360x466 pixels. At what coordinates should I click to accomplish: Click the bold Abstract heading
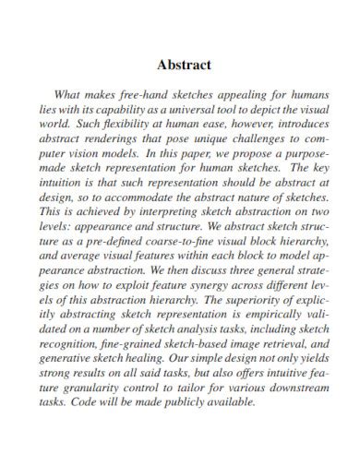pos(185,66)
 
